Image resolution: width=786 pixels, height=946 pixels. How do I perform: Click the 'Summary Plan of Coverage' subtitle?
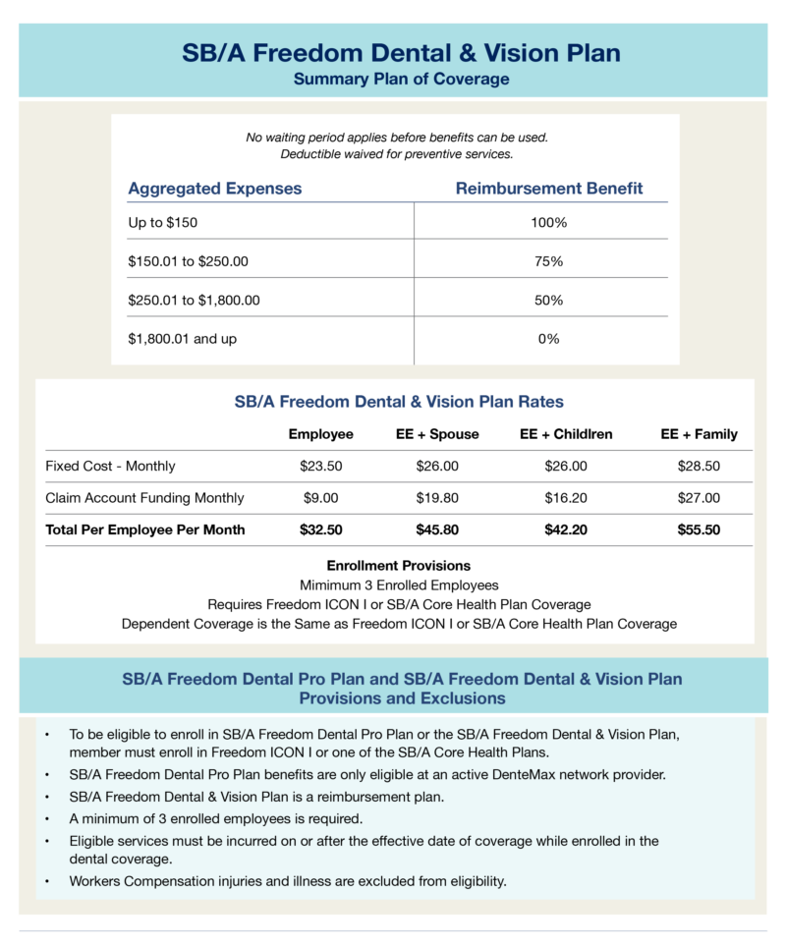tap(401, 79)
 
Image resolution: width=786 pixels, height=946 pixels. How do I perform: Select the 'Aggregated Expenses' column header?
tap(215, 188)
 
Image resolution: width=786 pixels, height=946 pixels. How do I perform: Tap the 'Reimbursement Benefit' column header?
tap(549, 188)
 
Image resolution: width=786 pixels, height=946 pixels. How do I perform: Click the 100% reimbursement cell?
tap(548, 223)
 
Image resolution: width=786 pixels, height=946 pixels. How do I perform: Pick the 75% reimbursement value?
tap(548, 261)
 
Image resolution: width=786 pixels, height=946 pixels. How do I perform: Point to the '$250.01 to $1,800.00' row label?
tap(194, 300)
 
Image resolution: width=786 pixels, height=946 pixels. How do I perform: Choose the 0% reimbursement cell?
tap(548, 339)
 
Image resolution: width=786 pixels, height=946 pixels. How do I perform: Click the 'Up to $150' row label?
tap(162, 223)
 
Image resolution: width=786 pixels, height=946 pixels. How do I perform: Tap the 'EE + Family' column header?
tap(699, 433)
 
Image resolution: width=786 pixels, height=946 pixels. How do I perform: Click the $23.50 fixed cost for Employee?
tap(320, 466)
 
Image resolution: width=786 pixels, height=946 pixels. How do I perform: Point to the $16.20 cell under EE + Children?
tap(565, 498)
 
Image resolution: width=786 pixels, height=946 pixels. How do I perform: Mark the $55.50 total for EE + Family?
tap(699, 529)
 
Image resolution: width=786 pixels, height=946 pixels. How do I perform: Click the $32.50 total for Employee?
tap(320, 529)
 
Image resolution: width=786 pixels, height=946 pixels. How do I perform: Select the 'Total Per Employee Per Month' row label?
tap(145, 529)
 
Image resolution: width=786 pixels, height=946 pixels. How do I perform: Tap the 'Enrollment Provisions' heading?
tap(398, 566)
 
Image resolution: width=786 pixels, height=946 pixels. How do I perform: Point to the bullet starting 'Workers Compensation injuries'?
tap(288, 880)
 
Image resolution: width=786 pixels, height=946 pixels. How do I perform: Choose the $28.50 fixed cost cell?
tap(699, 466)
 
